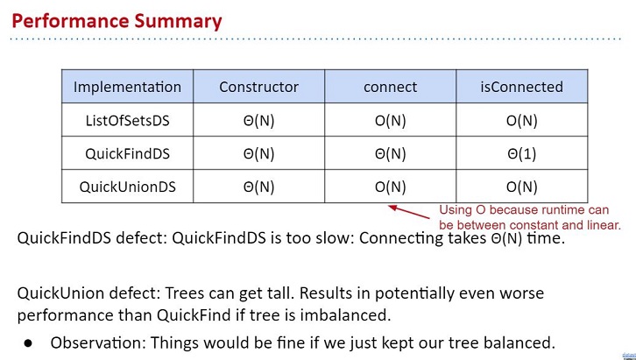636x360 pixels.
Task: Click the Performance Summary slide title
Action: point(117,21)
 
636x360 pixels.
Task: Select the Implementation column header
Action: point(127,87)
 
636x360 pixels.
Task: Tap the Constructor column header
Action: point(258,87)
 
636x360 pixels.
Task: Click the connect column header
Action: point(390,87)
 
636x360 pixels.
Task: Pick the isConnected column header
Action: point(521,87)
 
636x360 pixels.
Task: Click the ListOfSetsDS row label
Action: point(127,120)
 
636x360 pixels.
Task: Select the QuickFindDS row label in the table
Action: point(127,153)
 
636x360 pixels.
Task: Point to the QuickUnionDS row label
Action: point(127,187)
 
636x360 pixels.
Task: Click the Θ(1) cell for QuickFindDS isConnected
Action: point(521,153)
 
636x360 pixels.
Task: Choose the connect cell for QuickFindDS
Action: point(390,153)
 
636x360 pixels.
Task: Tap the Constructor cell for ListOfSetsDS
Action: point(258,120)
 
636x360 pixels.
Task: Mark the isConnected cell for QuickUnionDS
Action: point(521,187)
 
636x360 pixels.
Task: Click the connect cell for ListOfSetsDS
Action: point(390,120)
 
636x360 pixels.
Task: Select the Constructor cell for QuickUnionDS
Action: point(258,187)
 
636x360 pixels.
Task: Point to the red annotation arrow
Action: point(409,212)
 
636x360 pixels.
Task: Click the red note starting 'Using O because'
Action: point(530,217)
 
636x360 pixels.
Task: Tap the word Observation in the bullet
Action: point(96,343)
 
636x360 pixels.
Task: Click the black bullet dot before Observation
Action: point(28,343)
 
